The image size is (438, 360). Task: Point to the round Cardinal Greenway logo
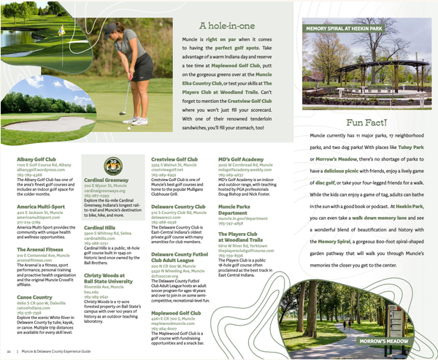click(x=111, y=166)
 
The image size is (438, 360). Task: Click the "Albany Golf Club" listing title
click(x=37, y=158)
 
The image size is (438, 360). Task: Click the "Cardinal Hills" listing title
click(x=101, y=227)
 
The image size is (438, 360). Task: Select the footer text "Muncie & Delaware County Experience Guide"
click(x=61, y=353)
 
